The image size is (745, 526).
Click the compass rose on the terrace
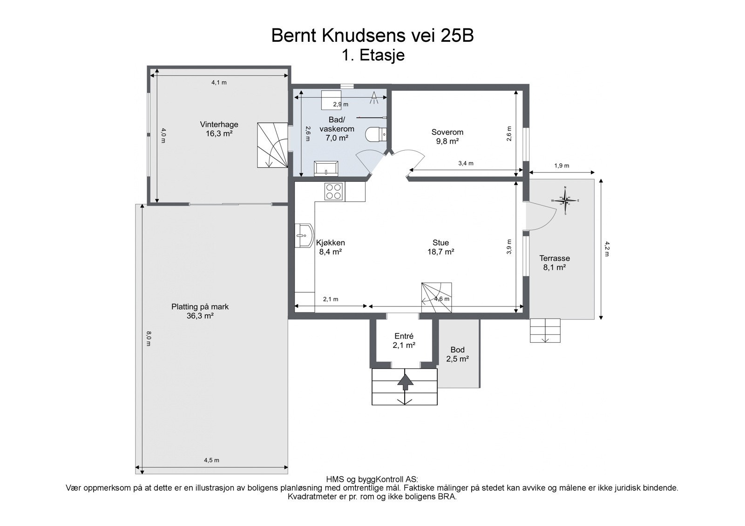click(x=565, y=200)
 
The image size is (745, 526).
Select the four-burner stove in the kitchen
click(x=334, y=192)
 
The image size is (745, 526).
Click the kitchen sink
click(x=304, y=235)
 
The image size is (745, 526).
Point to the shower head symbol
click(x=374, y=98)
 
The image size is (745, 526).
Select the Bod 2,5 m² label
click(x=458, y=354)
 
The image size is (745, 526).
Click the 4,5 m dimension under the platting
click(x=211, y=460)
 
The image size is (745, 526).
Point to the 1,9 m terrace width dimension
click(x=562, y=166)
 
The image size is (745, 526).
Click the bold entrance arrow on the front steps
click(x=405, y=382)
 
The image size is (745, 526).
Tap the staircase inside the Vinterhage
click(x=272, y=145)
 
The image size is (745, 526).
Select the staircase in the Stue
click(x=436, y=297)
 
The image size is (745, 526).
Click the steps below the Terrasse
click(x=545, y=330)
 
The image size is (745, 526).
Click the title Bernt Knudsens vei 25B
click(x=372, y=35)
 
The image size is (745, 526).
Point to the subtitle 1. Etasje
click(x=373, y=55)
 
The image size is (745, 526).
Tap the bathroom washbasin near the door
click(x=326, y=168)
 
